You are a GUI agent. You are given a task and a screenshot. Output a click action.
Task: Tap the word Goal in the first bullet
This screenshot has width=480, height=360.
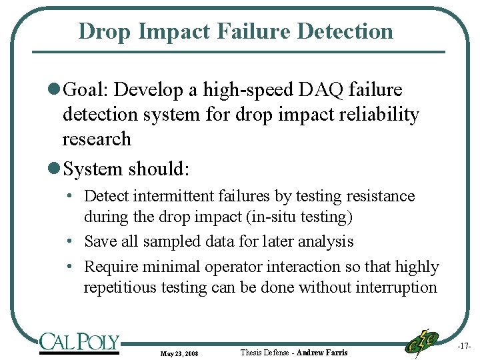click(87, 90)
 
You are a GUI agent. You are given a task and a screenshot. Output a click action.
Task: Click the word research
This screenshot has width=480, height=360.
click(97, 139)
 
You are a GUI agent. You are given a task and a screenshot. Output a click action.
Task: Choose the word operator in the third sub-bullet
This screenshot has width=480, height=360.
click(237, 267)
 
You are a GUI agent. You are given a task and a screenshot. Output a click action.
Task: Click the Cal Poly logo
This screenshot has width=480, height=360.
click(79, 343)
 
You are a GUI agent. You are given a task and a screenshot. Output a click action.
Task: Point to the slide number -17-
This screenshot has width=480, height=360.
click(465, 346)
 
